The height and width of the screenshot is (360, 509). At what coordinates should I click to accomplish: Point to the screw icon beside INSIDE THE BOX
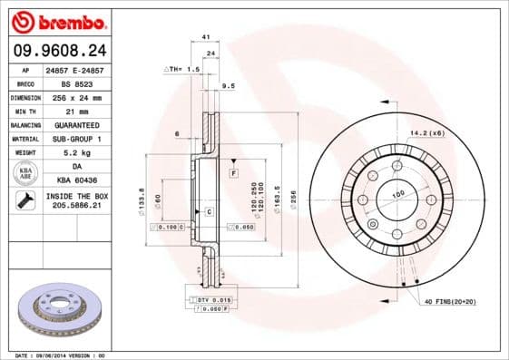[x=25, y=200]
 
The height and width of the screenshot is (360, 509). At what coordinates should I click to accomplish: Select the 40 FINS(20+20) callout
[x=449, y=300]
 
